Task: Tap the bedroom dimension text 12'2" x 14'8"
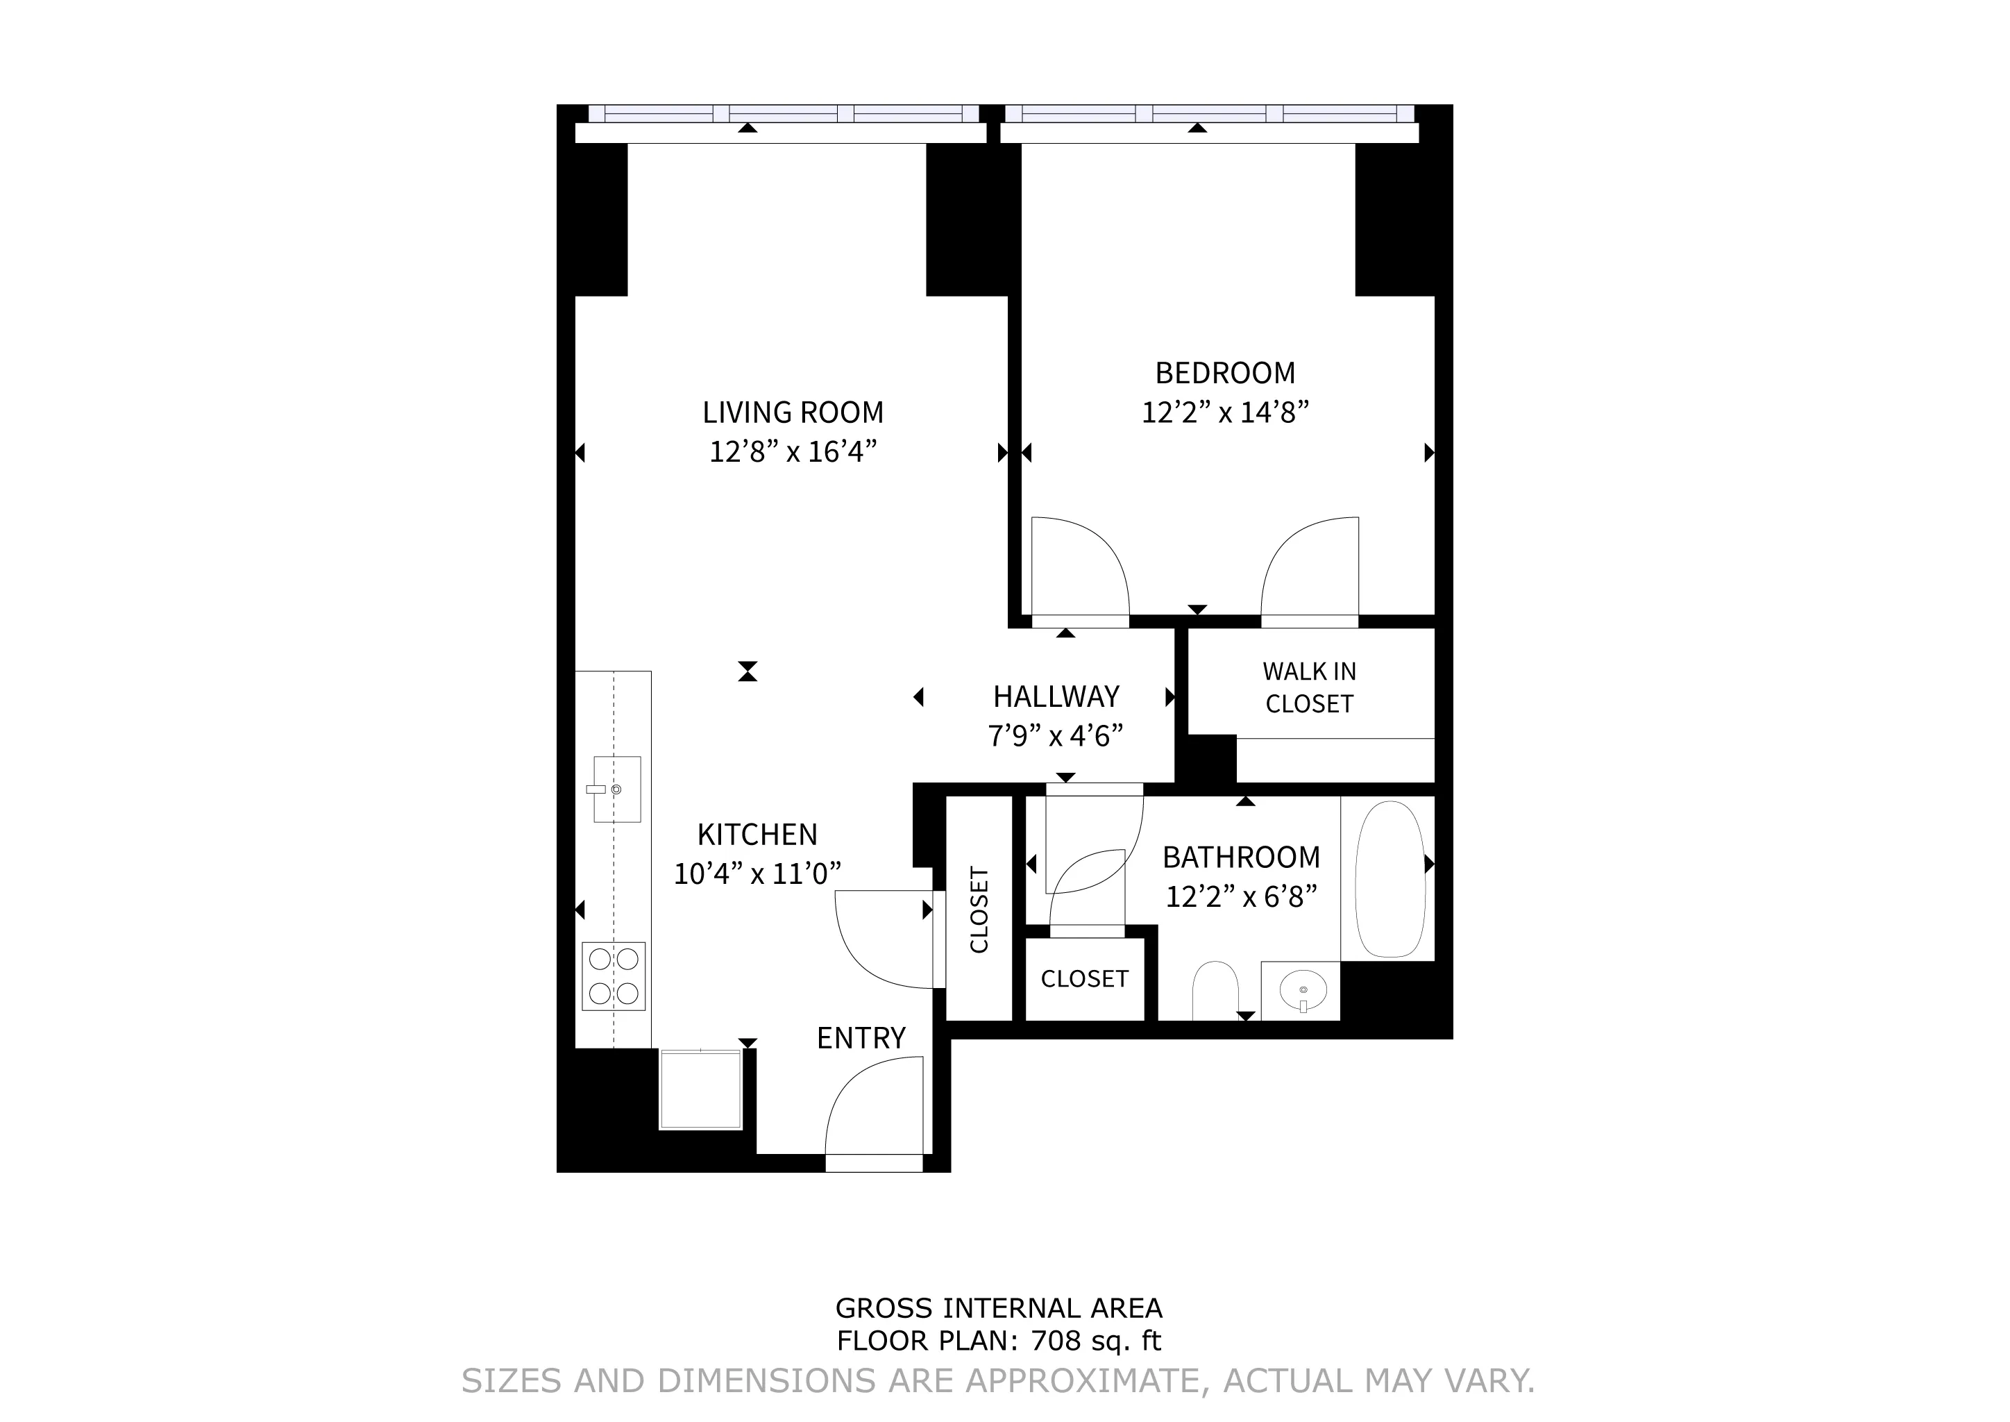tap(1225, 412)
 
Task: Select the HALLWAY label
tap(1056, 696)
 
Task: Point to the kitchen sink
tap(616, 789)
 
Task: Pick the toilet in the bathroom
tap(1215, 990)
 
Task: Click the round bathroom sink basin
tap(1303, 990)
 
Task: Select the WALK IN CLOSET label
tap(1309, 687)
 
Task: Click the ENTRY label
tap(861, 1037)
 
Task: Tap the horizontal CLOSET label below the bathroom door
tap(1084, 978)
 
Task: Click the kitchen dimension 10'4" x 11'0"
tap(757, 874)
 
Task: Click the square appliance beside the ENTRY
tap(700, 1089)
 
